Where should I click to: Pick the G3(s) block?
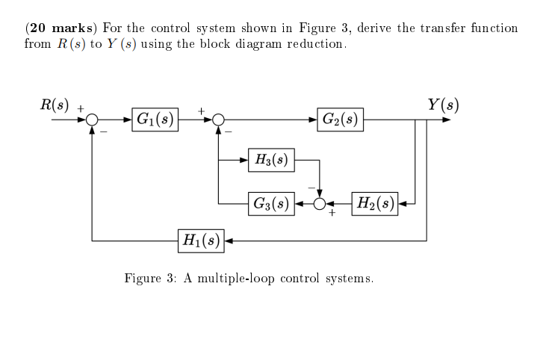point(272,202)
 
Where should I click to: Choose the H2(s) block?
point(376,202)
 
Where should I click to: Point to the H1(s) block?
point(201,240)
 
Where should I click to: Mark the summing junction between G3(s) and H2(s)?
point(320,202)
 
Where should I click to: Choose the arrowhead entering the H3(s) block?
point(250,159)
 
